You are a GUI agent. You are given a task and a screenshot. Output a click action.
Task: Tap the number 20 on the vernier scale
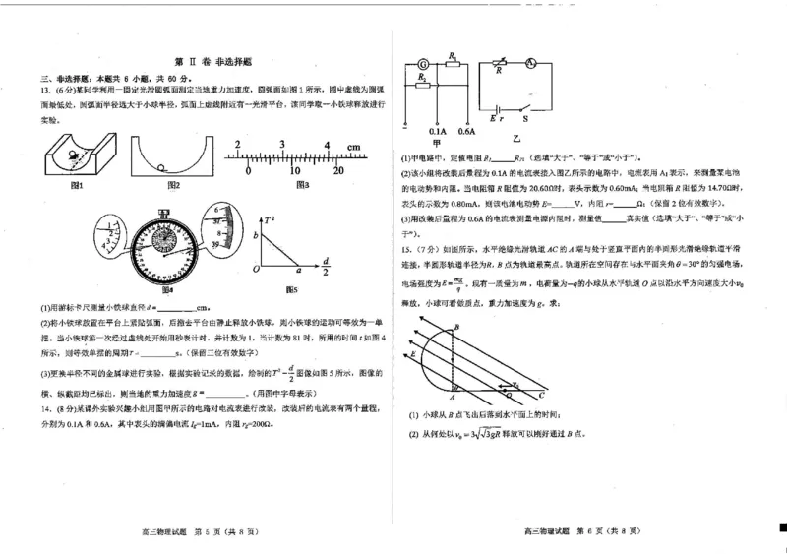(338, 169)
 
